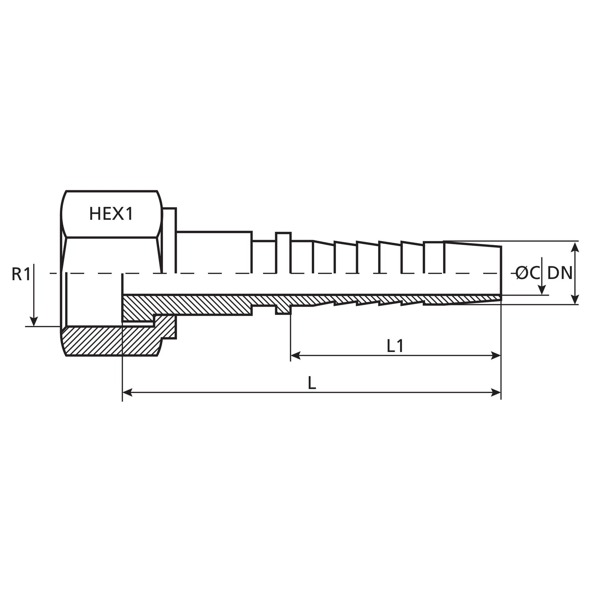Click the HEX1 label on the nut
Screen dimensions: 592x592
(x=111, y=214)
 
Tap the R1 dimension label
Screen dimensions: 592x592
(x=21, y=274)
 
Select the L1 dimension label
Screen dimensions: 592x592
(x=395, y=346)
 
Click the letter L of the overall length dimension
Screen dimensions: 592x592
(x=312, y=383)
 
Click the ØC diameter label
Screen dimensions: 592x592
(x=527, y=273)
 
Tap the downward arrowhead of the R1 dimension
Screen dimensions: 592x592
(x=34, y=321)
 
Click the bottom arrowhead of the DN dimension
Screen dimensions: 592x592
(x=575, y=300)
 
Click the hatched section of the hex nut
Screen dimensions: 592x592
(x=111, y=341)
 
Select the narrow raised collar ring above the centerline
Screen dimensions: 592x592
(x=283, y=253)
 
